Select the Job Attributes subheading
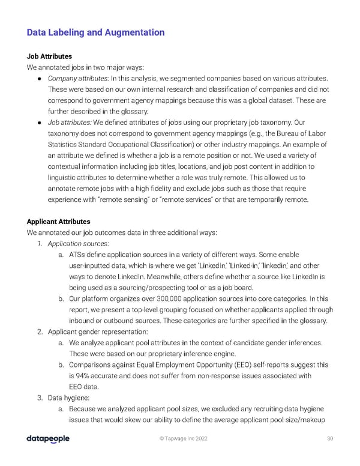(49, 56)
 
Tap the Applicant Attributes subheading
(59, 221)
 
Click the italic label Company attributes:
(75, 79)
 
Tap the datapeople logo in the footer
(48, 439)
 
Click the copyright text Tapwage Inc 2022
(183, 439)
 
